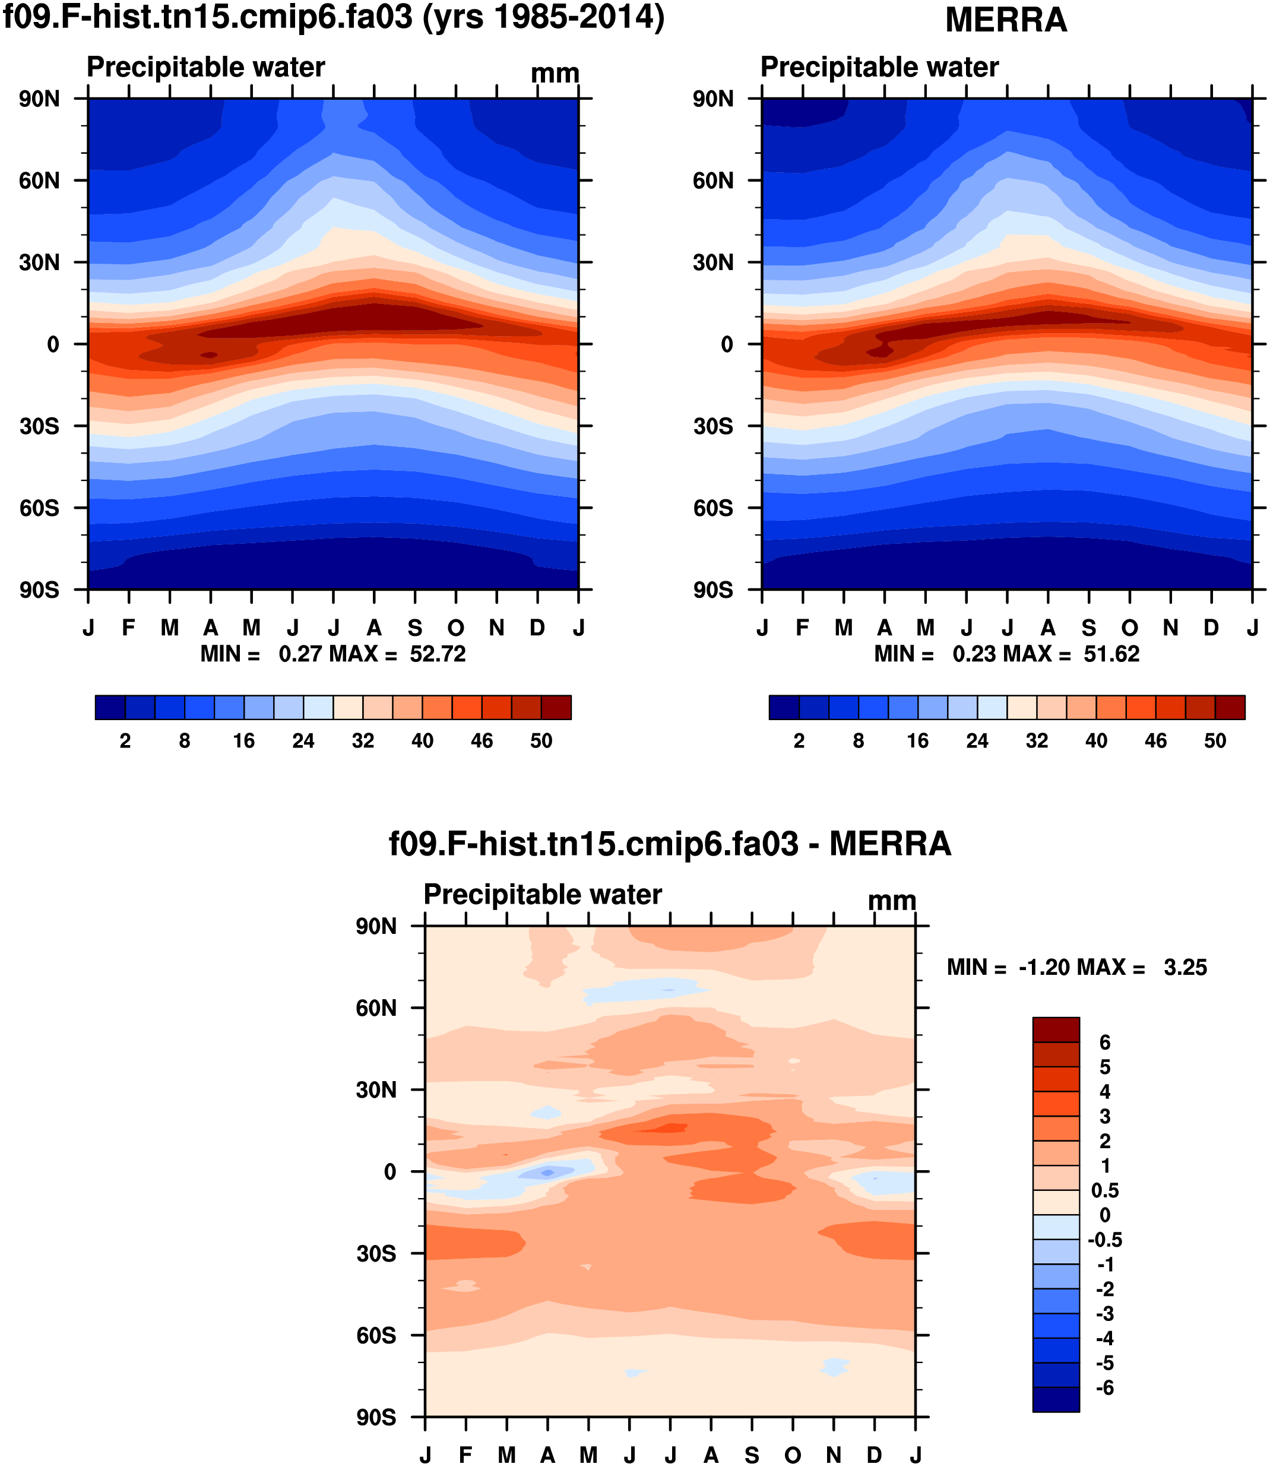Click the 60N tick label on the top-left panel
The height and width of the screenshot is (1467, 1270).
click(40, 180)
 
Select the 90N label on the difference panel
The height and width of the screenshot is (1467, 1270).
click(376, 926)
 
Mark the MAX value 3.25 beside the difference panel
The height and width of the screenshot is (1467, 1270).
click(1185, 967)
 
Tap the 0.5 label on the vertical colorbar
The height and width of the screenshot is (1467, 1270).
click(1105, 1190)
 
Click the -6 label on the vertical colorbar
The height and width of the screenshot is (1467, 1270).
click(1105, 1387)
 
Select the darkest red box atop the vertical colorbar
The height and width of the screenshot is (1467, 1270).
click(1056, 1029)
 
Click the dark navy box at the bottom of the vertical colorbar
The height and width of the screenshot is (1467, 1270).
click(1056, 1399)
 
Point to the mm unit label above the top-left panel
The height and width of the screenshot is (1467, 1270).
click(555, 74)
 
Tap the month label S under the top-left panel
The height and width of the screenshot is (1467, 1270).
click(415, 628)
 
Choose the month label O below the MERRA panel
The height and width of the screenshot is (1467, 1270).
click(1130, 628)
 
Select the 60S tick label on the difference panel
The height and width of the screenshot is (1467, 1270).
click(376, 1336)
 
